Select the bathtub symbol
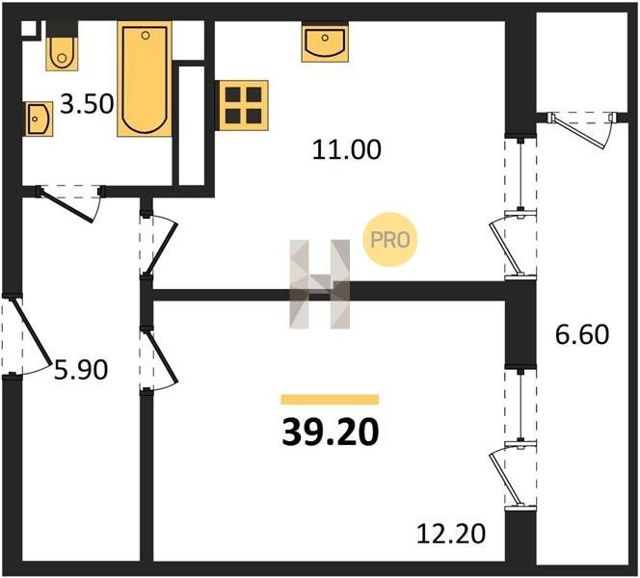click(x=145, y=79)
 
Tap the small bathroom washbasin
click(x=39, y=118)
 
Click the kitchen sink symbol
click(x=326, y=42)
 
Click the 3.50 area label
click(x=87, y=104)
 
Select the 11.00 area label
click(x=347, y=149)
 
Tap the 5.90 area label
click(x=81, y=370)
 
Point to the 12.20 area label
click(x=451, y=534)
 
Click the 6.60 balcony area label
click(x=582, y=334)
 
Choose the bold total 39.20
click(x=331, y=433)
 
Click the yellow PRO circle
click(x=389, y=240)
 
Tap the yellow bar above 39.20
click(x=330, y=399)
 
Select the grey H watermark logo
click(x=320, y=284)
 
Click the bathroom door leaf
click(x=67, y=206)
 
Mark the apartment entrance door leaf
click(x=32, y=330)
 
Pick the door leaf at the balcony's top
click(x=576, y=131)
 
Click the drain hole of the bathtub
click(x=146, y=36)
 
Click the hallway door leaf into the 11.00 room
click(x=161, y=249)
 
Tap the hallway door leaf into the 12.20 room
click(x=163, y=358)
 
